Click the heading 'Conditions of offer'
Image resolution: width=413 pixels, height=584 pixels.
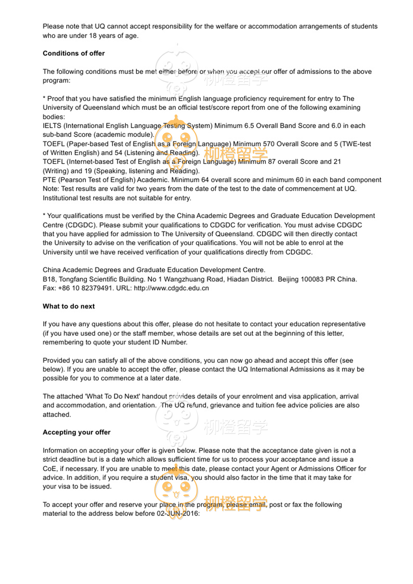pos(73,53)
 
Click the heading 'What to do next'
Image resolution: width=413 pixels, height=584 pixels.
pos(68,306)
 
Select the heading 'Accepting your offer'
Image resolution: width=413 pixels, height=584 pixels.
pos(76,432)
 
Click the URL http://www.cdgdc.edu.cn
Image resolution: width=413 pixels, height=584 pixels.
pos(171,288)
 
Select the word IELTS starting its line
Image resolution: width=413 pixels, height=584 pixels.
pos(52,126)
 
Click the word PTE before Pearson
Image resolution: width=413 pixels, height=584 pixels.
pos(49,180)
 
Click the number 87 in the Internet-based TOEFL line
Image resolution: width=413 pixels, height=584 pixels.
pos(272,162)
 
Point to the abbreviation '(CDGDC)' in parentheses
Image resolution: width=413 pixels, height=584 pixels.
pos(81,225)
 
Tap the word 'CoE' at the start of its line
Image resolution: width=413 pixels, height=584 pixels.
pos(49,469)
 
